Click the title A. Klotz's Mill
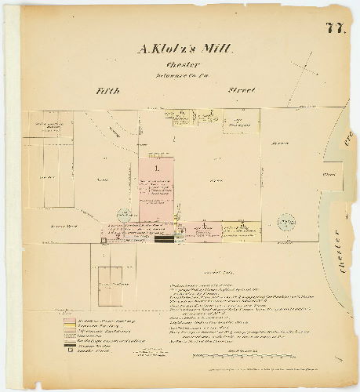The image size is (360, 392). (185, 49)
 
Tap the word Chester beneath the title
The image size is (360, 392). (182, 65)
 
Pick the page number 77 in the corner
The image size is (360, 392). (336, 29)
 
